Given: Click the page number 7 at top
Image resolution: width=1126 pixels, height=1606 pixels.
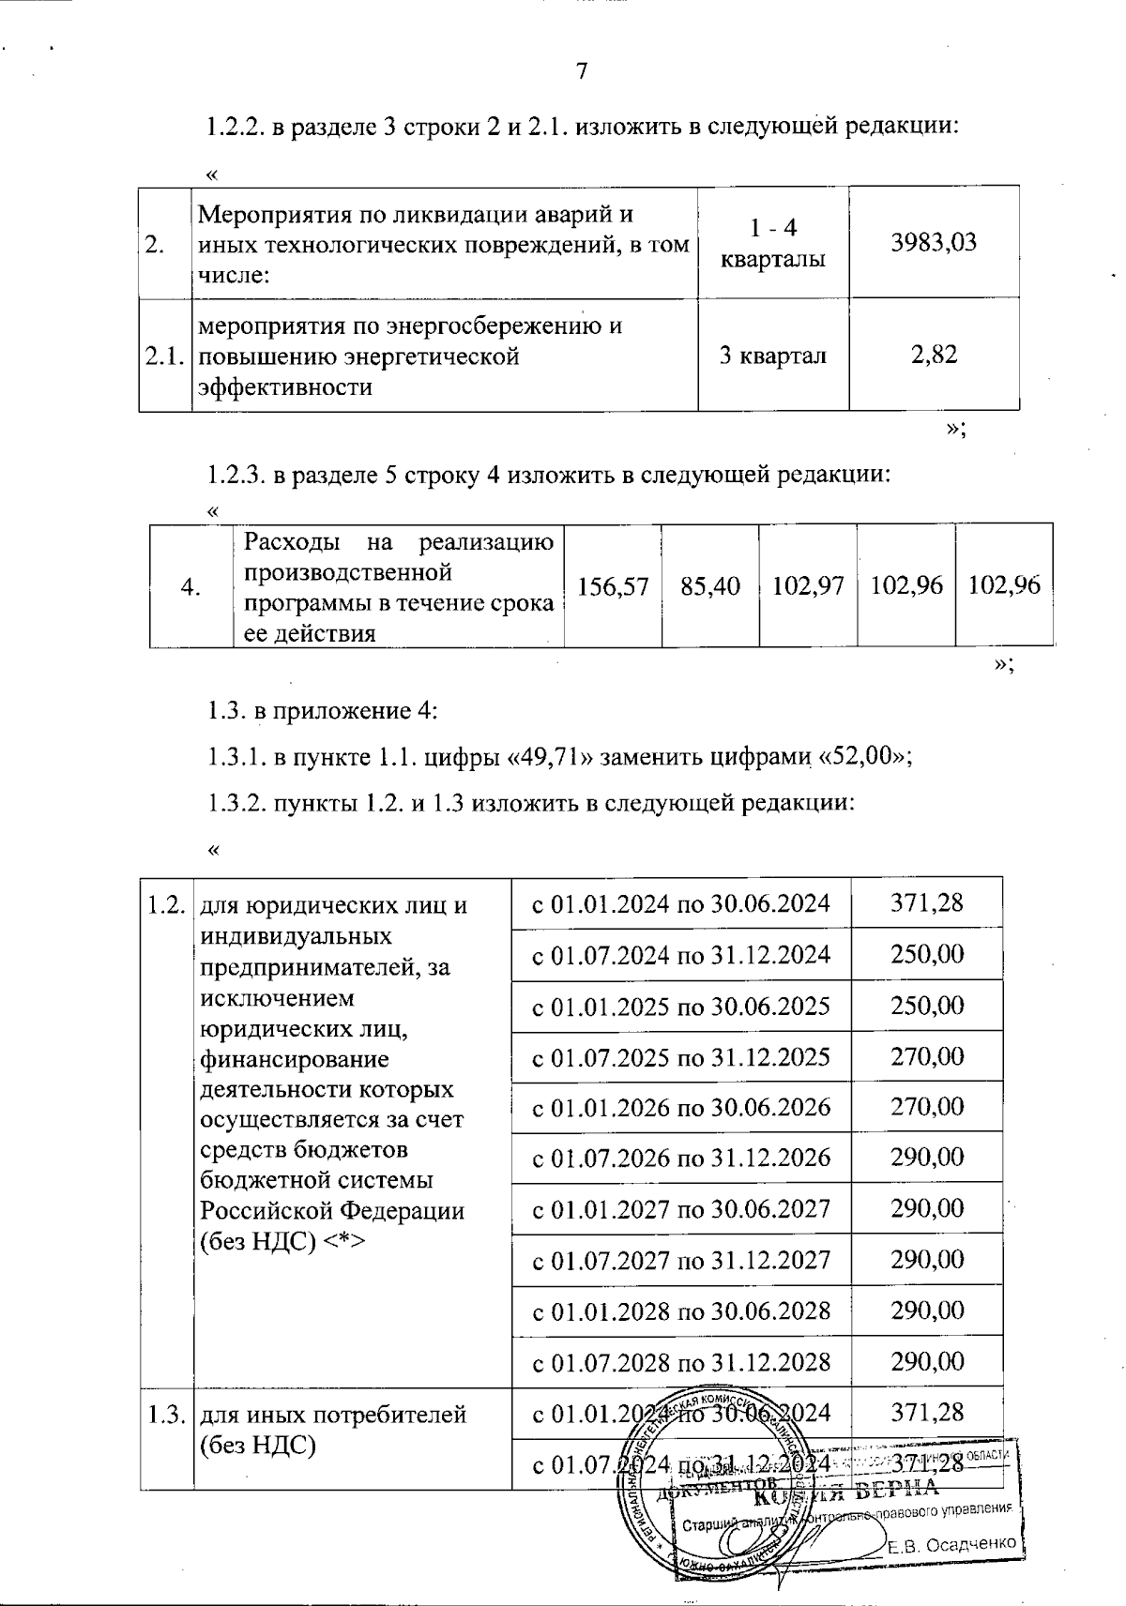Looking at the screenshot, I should (581, 72).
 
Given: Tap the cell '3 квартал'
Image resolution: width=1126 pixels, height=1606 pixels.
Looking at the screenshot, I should (772, 356).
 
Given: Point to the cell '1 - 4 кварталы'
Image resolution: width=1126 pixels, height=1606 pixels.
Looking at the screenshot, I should (772, 243).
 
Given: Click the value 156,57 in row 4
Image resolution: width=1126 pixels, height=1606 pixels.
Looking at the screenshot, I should (613, 586).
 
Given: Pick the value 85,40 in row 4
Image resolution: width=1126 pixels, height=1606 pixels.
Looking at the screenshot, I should (710, 586).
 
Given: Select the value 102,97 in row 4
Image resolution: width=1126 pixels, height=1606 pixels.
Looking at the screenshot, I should (808, 586).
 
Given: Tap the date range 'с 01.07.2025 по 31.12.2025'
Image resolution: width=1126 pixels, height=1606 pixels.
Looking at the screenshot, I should (681, 1057).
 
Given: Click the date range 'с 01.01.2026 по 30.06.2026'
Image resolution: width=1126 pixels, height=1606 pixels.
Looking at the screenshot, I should (681, 1107).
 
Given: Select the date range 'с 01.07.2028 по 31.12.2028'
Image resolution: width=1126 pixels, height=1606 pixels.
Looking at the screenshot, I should (681, 1361).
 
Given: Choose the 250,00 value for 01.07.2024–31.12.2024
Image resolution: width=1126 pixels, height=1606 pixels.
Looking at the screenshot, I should (927, 954).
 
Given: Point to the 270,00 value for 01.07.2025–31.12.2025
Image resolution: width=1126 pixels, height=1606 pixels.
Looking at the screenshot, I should (927, 1056).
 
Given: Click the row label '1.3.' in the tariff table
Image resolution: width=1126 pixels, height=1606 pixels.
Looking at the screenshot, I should (165, 1414).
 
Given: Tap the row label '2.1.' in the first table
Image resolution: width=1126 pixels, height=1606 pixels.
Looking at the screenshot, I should (164, 356).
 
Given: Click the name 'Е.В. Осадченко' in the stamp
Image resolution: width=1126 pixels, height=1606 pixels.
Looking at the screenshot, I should (951, 1544).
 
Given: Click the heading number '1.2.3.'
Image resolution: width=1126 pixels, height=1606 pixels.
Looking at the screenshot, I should (236, 475).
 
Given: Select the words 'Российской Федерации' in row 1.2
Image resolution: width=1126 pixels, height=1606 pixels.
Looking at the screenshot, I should (333, 1210).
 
